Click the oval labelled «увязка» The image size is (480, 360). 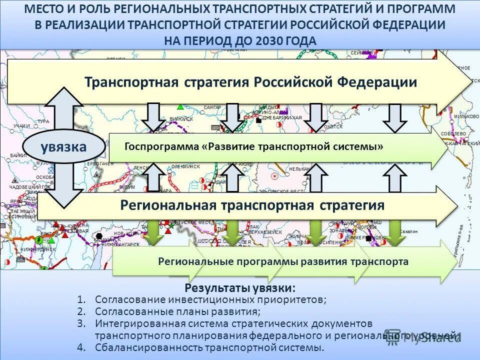click(x=64, y=146)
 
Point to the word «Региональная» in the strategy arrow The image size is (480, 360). click(x=168, y=205)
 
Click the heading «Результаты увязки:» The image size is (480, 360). click(x=240, y=288)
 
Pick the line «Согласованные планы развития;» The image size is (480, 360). click(x=177, y=311)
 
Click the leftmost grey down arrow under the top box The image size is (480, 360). click(x=153, y=117)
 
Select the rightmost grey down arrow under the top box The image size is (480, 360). click(x=395, y=117)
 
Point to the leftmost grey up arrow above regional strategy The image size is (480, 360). click(x=153, y=177)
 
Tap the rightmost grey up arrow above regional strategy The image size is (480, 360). click(x=395, y=177)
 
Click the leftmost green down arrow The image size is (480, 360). click(x=155, y=232)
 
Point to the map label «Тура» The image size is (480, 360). click(x=43, y=121)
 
